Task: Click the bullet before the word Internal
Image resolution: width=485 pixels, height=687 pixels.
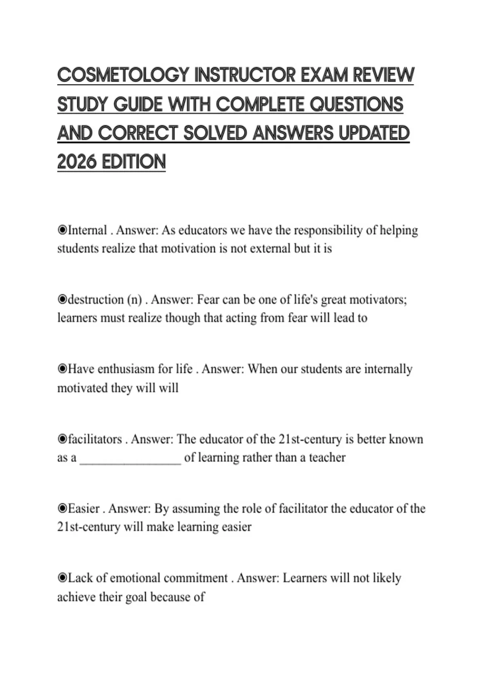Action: click(x=62, y=230)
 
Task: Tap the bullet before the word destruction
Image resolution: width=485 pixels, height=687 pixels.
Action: click(x=62, y=300)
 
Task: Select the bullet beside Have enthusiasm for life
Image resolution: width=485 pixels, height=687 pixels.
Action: click(x=62, y=369)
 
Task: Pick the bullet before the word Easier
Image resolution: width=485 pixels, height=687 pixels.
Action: click(x=62, y=508)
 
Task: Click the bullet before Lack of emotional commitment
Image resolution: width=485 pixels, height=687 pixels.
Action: click(x=62, y=578)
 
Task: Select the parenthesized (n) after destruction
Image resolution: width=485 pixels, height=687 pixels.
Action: click(x=135, y=300)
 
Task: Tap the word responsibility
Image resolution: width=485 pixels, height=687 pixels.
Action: click(x=328, y=230)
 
